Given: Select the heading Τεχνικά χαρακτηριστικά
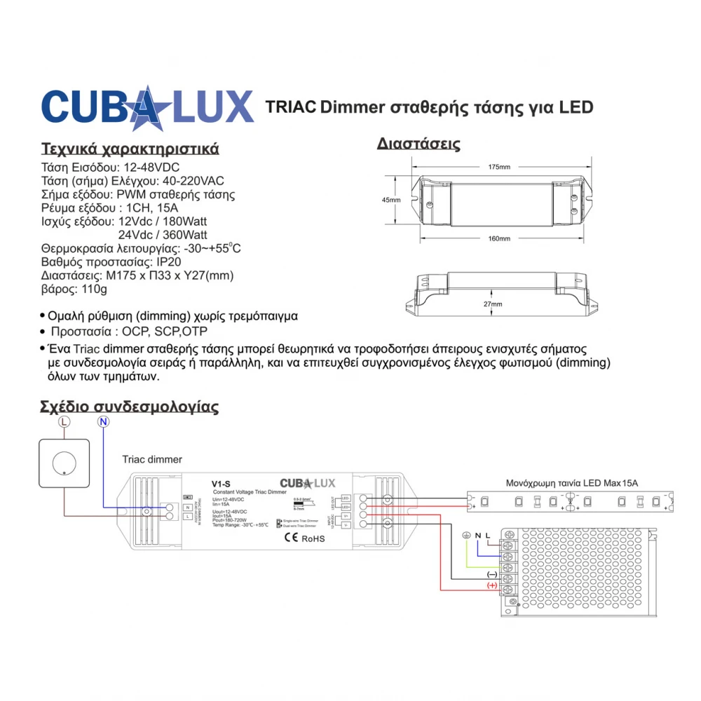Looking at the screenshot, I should (x=130, y=149).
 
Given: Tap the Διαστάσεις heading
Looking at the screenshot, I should (x=418, y=144).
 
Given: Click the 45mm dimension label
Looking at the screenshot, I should (x=391, y=200).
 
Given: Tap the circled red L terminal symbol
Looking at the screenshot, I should (x=64, y=422).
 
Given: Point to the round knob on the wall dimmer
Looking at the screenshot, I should (x=63, y=463).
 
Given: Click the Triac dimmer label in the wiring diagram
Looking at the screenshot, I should (x=152, y=460).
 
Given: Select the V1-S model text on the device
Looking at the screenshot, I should (x=222, y=483).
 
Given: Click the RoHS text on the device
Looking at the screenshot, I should (x=313, y=538).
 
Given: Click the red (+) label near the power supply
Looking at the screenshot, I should (x=491, y=585).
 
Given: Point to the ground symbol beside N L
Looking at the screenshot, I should (x=466, y=536).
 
